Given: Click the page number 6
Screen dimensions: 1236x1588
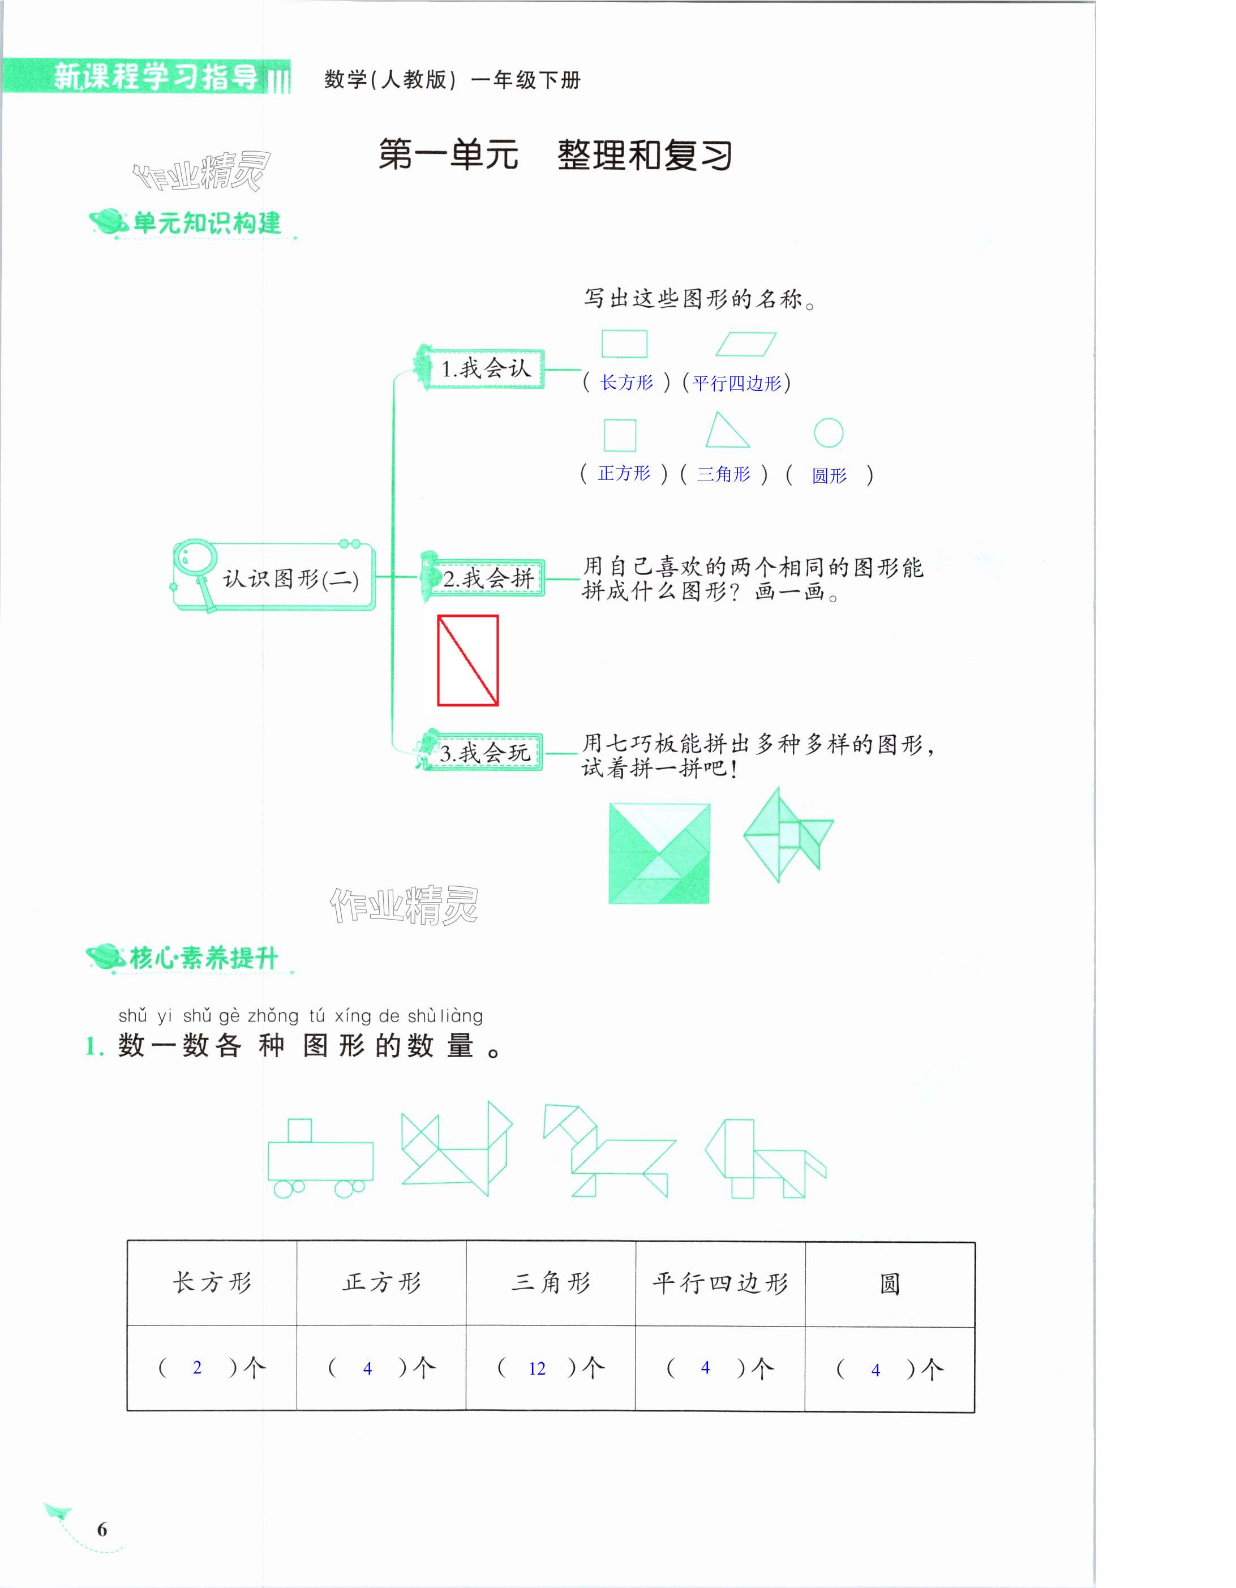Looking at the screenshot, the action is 102,1529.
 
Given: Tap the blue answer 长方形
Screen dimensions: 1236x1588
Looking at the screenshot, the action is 626,383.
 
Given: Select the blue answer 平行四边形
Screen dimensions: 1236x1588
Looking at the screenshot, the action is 736,383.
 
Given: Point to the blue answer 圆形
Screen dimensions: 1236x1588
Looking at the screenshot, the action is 829,475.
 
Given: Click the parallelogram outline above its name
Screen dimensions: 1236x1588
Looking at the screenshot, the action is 746,345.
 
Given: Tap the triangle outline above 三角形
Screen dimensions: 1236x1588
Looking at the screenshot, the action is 726,431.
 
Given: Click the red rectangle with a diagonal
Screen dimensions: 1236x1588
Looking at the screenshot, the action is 467,660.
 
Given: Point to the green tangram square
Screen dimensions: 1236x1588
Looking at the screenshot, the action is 659,853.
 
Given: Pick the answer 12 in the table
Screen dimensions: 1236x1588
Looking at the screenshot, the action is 537,1369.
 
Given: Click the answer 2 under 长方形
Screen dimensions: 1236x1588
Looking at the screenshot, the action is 197,1368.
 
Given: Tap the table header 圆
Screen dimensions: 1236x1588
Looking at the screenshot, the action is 889,1284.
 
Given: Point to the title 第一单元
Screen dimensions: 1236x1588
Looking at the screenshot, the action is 449,155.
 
